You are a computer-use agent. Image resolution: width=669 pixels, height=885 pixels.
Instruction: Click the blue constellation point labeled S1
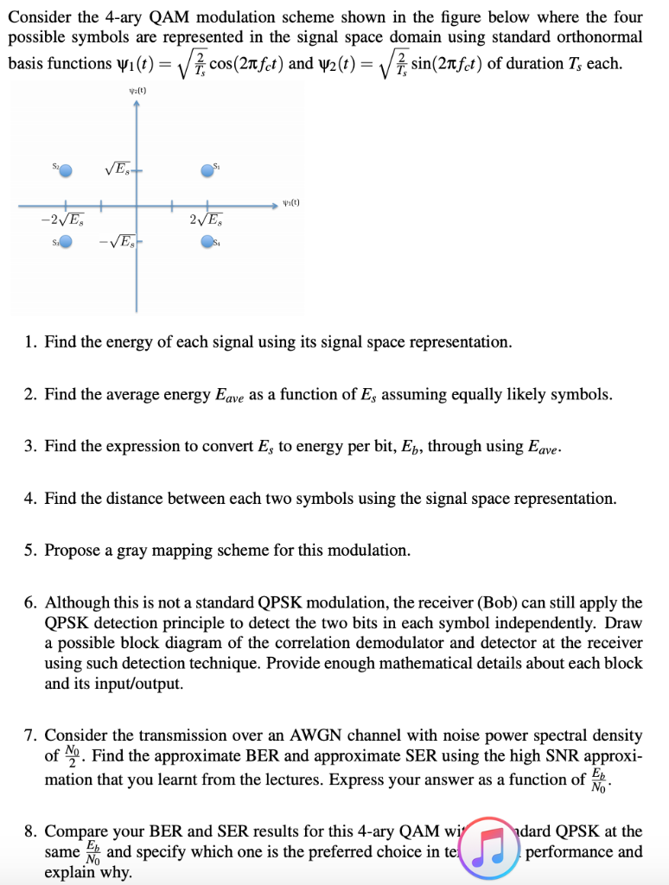click(x=207, y=171)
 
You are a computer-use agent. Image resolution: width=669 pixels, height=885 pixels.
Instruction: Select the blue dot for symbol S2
click(x=66, y=171)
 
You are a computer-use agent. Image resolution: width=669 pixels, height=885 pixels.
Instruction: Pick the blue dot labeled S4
click(x=207, y=245)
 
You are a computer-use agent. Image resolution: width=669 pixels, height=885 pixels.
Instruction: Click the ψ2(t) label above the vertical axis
click(x=137, y=87)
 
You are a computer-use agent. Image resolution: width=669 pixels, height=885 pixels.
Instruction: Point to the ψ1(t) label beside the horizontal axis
click(x=291, y=204)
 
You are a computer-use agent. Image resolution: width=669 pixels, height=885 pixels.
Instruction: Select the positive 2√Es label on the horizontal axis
click(x=206, y=219)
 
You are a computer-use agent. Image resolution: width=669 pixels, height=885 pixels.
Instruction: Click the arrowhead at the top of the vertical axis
click(x=137, y=102)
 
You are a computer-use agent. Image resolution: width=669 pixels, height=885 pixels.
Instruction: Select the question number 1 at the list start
click(x=29, y=342)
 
